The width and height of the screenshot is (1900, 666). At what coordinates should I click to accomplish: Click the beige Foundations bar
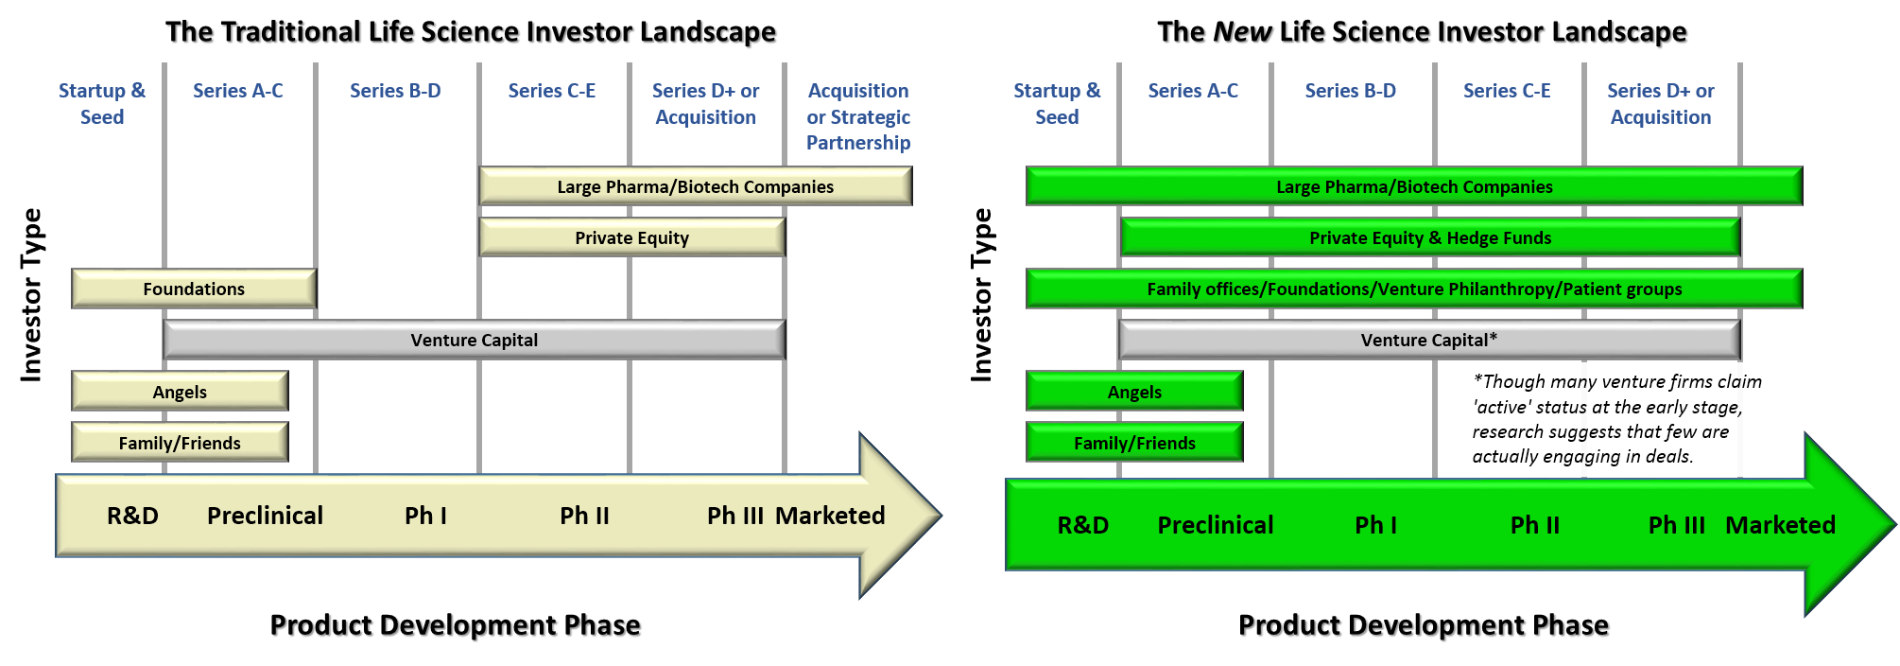click(194, 289)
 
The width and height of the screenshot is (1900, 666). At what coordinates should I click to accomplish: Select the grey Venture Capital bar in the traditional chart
click(474, 340)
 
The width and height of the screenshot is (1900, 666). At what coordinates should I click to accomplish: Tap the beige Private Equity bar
click(631, 237)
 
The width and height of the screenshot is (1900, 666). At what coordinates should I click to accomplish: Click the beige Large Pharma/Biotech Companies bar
click(695, 186)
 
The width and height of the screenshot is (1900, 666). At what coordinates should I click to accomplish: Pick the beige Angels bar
click(180, 391)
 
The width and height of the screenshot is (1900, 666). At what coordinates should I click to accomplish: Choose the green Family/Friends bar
click(1134, 442)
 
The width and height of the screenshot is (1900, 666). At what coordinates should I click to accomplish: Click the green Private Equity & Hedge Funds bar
click(1430, 237)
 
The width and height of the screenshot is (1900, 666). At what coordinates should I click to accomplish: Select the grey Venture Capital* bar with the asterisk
click(1429, 340)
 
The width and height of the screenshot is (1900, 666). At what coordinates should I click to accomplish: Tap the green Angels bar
click(1134, 391)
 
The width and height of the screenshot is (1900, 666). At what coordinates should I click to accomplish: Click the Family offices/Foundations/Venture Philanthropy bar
click(1414, 289)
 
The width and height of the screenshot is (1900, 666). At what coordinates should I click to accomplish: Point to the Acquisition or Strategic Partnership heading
click(858, 116)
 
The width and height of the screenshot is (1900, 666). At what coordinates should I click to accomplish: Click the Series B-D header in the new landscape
click(1350, 91)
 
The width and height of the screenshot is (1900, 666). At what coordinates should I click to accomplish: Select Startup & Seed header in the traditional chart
click(102, 104)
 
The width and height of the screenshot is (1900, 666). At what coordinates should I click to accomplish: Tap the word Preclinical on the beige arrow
click(265, 516)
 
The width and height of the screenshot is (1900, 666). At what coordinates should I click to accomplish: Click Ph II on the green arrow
click(1535, 525)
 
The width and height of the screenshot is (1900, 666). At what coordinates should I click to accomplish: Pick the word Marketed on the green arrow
click(1781, 525)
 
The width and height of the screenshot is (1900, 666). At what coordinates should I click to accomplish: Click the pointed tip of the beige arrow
click(941, 516)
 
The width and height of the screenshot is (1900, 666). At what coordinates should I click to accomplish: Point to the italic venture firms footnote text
click(1616, 418)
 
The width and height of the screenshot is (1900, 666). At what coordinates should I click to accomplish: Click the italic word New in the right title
click(1243, 31)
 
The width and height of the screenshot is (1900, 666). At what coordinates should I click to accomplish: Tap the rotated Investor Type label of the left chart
click(31, 295)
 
